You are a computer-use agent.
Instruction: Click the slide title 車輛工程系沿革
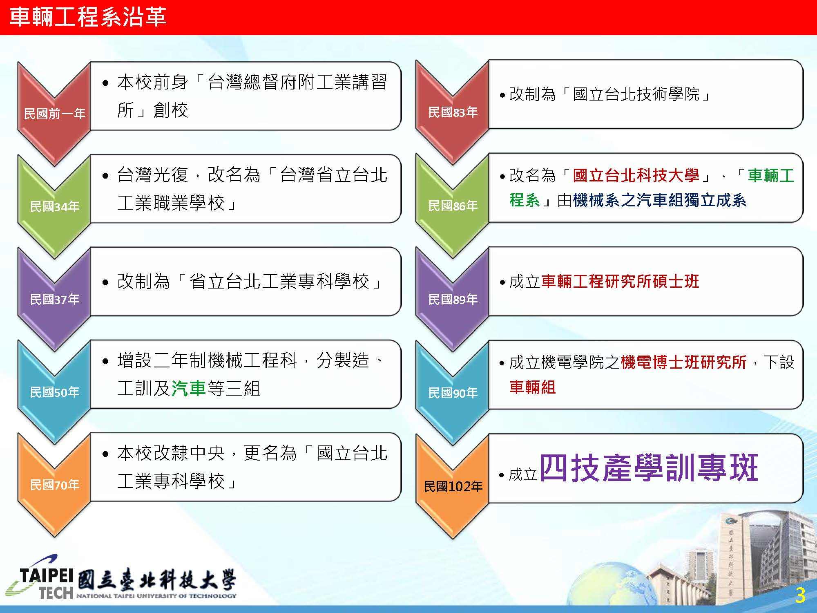click(87, 18)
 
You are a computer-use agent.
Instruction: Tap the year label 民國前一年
click(54, 113)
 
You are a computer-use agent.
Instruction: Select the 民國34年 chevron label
click(54, 206)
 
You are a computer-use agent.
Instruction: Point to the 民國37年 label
click(54, 300)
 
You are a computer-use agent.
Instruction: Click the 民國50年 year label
click(54, 392)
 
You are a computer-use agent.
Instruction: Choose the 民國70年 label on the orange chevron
click(54, 485)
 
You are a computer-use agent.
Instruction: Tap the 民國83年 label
click(453, 112)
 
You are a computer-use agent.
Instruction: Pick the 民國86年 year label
click(453, 206)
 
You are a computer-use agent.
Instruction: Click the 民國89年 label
click(453, 300)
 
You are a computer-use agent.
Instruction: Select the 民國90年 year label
click(453, 393)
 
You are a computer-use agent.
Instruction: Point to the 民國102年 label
click(453, 486)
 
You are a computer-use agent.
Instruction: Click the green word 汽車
click(188, 388)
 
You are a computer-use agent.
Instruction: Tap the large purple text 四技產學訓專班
click(649, 468)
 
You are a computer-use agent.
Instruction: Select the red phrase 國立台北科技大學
click(636, 176)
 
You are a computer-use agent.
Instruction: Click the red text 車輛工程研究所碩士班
click(620, 281)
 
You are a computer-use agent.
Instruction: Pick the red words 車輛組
click(533, 387)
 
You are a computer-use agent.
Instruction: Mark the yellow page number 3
click(800, 595)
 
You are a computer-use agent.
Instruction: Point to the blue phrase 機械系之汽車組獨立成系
click(660, 200)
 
